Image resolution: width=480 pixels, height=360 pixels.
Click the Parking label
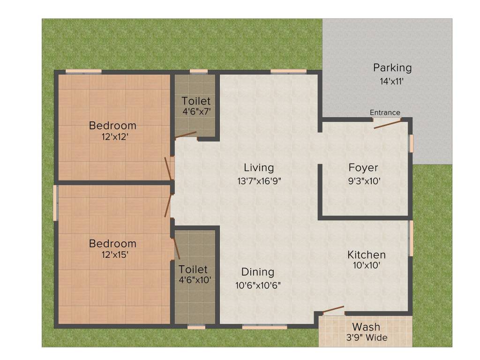point(392,68)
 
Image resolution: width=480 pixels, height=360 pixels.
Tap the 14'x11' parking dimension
point(392,81)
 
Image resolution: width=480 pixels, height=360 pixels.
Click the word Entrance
point(385,112)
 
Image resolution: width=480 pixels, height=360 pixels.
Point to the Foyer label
point(363,168)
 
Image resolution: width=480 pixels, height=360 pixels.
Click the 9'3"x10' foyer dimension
point(363,181)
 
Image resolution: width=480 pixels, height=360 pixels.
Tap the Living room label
point(259,168)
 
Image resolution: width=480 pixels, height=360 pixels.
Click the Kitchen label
point(366,255)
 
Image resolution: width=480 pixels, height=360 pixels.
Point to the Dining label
point(258,272)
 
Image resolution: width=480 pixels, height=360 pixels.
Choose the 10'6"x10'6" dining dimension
point(258,285)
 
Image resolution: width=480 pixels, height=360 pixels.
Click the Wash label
point(366,327)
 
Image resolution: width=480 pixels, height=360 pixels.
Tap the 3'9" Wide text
point(366,337)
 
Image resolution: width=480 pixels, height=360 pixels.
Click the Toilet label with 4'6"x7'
point(196,101)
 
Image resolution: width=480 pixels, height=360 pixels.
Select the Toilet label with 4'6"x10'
point(193,270)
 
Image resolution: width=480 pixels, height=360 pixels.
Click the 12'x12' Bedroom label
point(112,126)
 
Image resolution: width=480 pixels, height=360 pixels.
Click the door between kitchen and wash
point(334,310)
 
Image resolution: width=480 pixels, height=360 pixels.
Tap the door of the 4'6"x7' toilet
point(186,136)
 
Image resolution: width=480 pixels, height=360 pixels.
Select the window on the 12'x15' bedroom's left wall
point(55,202)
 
